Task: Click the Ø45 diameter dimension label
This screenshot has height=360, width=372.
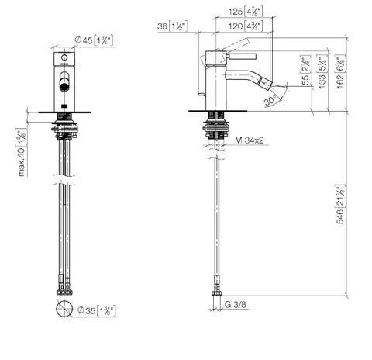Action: (x=94, y=40)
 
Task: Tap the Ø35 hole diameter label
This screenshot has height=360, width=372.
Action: (x=96, y=310)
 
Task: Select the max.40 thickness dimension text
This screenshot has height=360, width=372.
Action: (x=22, y=153)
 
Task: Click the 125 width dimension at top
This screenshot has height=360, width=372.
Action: (x=246, y=12)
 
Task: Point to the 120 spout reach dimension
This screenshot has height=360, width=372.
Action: (x=246, y=26)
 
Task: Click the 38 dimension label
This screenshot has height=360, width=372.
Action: (x=172, y=26)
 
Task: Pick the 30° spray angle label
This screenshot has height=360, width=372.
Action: (x=270, y=100)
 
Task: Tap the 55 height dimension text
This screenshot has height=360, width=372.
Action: (x=306, y=71)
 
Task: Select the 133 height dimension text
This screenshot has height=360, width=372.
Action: (x=322, y=73)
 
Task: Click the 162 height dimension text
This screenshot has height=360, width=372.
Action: (x=340, y=72)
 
